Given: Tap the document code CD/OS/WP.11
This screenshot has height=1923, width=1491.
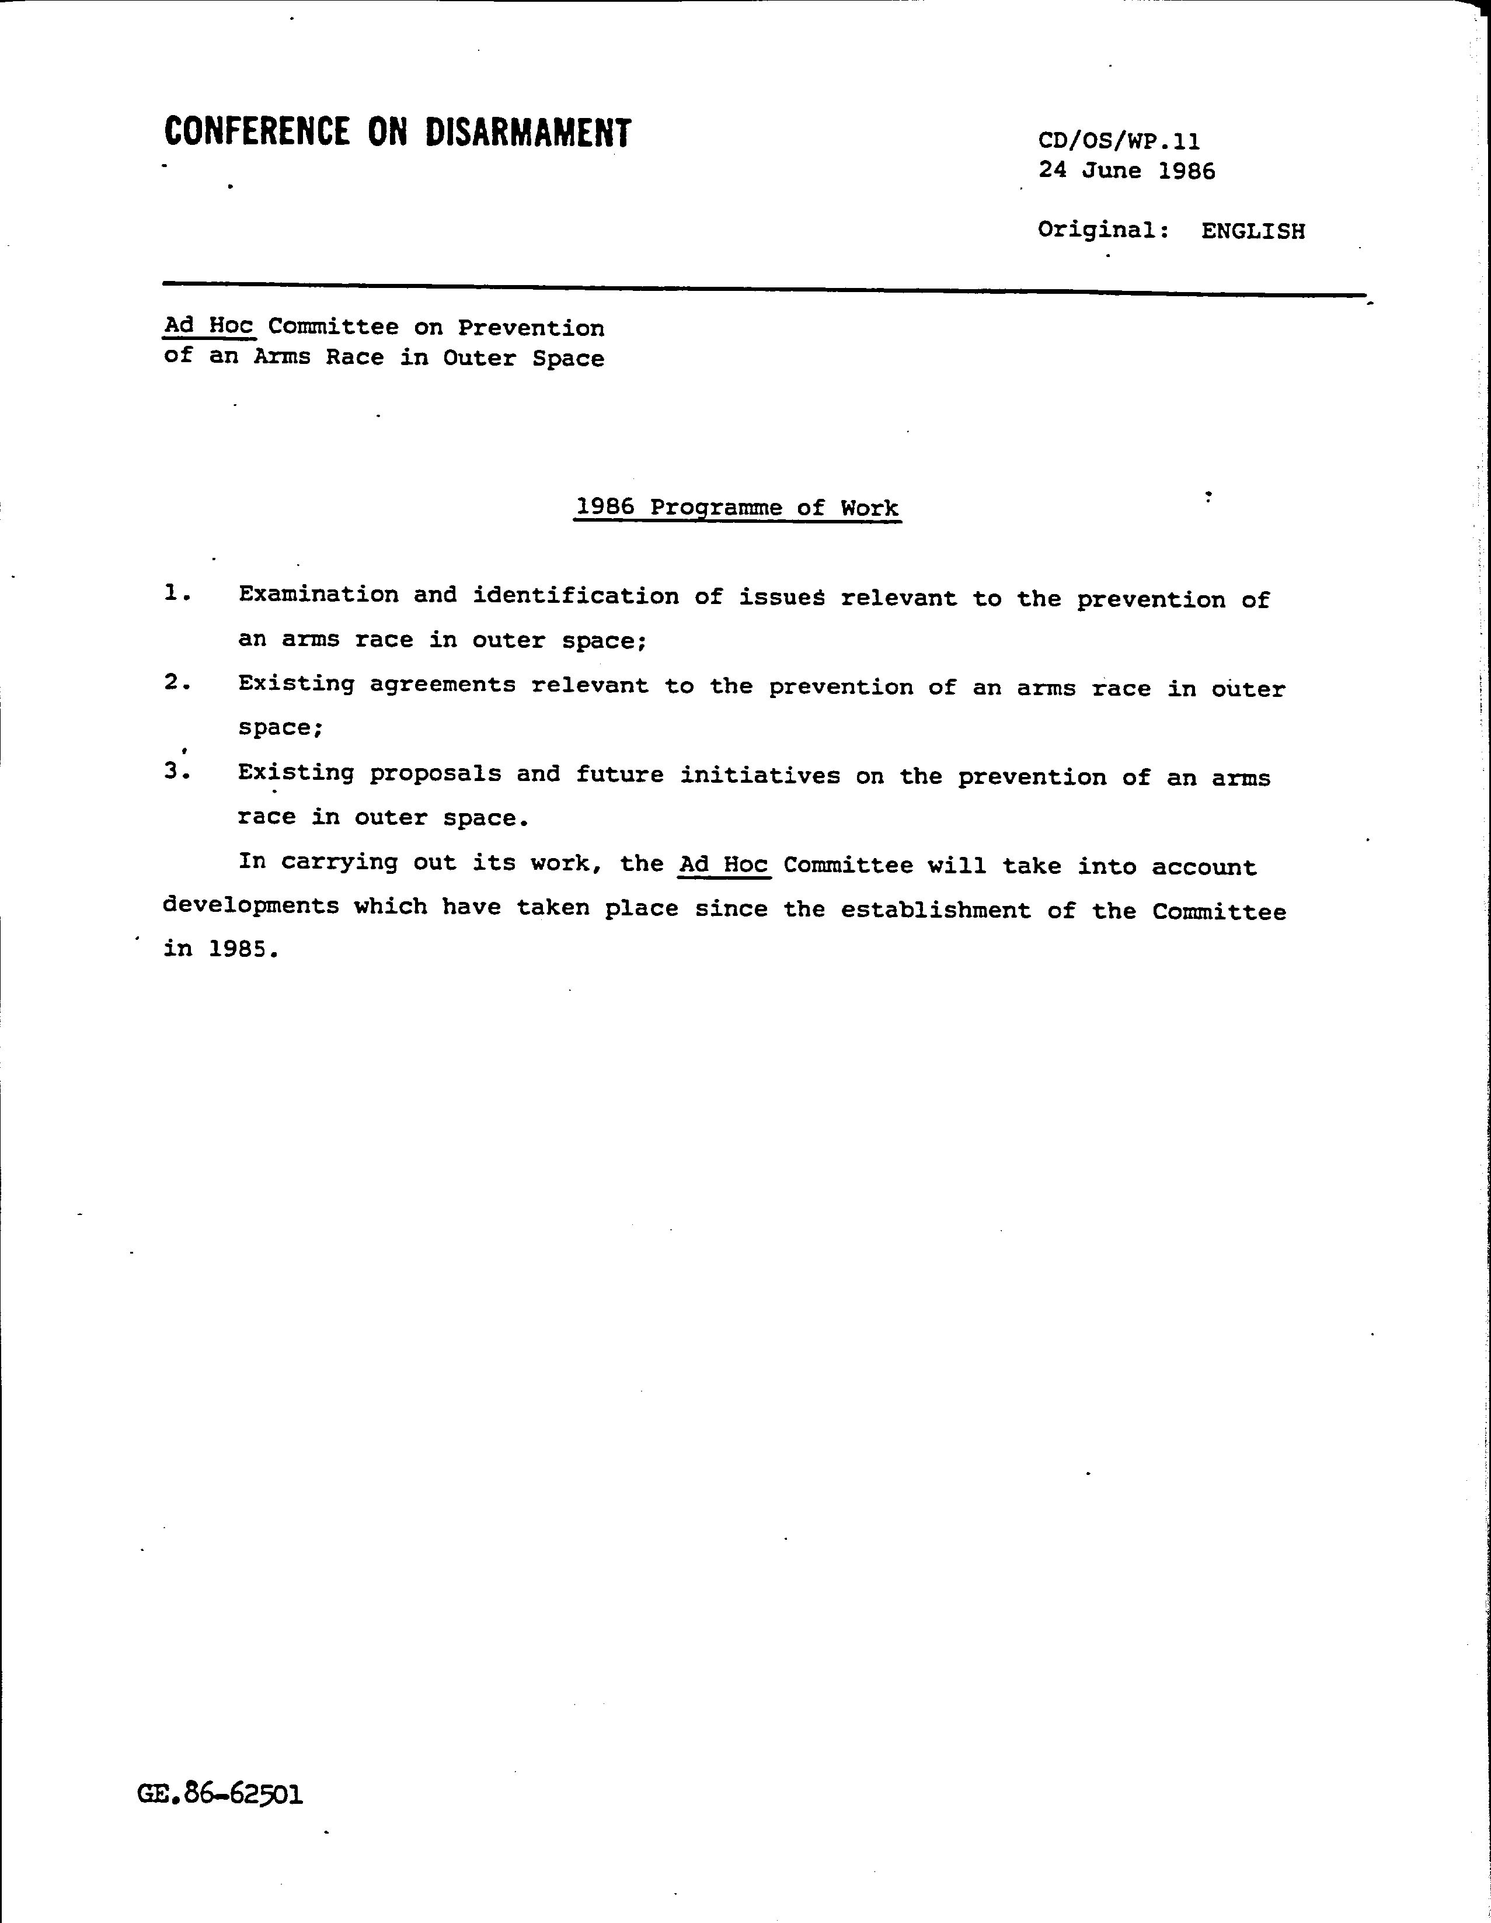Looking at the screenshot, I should click(x=1119, y=141).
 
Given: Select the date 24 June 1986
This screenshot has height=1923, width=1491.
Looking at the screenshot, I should click(x=1127, y=170).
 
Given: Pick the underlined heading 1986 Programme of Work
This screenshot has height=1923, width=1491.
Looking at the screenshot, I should click(x=737, y=508).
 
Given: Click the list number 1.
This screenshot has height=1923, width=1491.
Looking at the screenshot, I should click(x=177, y=593).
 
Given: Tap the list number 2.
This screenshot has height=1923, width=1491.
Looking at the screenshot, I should click(x=177, y=682).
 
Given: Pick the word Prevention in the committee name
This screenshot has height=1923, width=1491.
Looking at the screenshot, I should click(x=531, y=328).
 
